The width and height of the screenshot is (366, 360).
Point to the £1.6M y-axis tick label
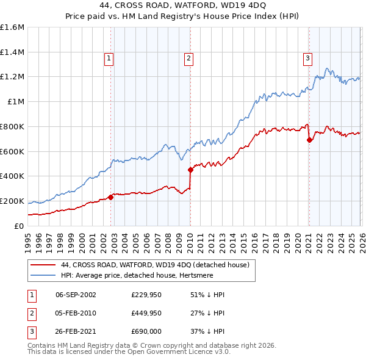click(x=12, y=27)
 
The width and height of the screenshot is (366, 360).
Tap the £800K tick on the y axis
click(x=12, y=126)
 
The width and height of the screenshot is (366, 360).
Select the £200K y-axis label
click(x=12, y=201)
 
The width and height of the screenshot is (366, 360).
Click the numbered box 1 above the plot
click(x=109, y=59)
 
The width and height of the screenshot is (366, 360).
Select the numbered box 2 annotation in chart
click(x=188, y=59)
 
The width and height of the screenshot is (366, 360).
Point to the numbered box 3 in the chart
click(x=307, y=59)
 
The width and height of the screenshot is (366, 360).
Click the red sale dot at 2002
click(x=110, y=197)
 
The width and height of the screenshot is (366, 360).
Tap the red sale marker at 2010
click(x=190, y=170)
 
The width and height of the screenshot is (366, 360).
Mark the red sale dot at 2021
click(x=309, y=140)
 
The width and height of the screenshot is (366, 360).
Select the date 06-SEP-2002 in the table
click(x=76, y=295)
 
